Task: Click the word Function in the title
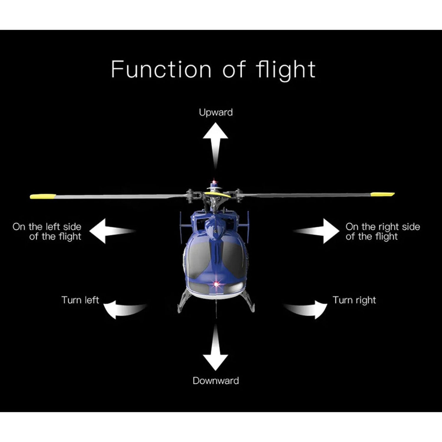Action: coord(161,69)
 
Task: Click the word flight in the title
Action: coord(286,70)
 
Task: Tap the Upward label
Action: coord(216,112)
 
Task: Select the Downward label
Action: coord(216,380)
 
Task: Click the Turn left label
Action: coord(80,300)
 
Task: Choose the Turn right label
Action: coord(354,300)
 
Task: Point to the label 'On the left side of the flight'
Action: coord(47,231)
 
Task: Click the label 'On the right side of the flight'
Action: coord(382,231)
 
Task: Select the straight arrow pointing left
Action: coord(108,231)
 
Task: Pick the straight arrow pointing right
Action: coord(321,231)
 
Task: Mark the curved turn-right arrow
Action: coord(309,309)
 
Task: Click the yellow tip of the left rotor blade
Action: coord(43,196)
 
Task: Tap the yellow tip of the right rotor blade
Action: coord(382,194)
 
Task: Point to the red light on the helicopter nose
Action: coord(216,284)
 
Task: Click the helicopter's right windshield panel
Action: coord(233,259)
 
